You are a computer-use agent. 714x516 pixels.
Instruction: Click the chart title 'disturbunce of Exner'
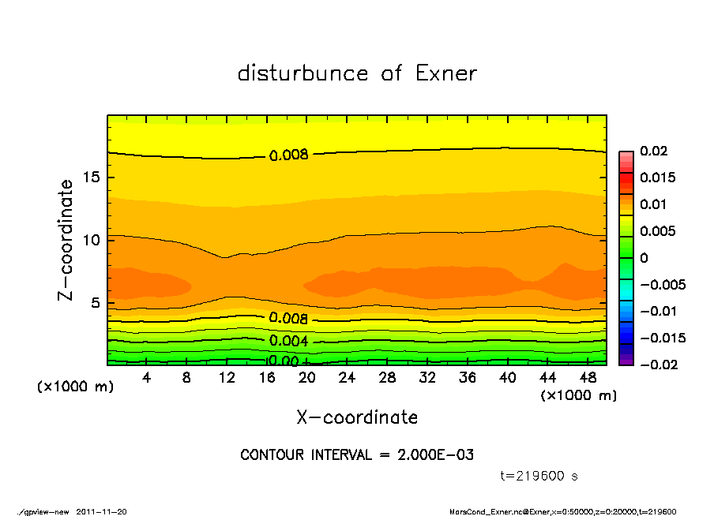pyautogui.click(x=357, y=73)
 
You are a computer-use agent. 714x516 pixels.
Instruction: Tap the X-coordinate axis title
pyautogui.click(x=357, y=417)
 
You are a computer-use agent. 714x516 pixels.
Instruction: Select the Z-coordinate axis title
pyautogui.click(x=66, y=240)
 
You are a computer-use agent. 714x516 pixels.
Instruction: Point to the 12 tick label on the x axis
pyautogui.click(x=227, y=378)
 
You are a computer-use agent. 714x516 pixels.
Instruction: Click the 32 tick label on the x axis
pyautogui.click(x=428, y=378)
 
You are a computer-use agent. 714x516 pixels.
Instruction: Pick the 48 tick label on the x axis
pyautogui.click(x=588, y=378)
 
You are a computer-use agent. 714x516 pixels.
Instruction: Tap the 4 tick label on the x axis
pyautogui.click(x=146, y=378)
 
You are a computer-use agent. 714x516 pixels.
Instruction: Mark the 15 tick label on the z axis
pyautogui.click(x=92, y=178)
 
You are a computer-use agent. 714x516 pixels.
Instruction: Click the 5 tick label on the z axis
pyautogui.click(x=96, y=303)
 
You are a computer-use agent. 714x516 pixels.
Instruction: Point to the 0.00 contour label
pyautogui.click(x=282, y=361)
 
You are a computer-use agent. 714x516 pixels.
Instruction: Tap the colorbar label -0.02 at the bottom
pyautogui.click(x=656, y=365)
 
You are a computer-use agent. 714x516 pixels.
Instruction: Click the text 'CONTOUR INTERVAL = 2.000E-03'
pyautogui.click(x=357, y=455)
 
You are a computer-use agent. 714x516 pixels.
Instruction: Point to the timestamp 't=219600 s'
pyautogui.click(x=539, y=477)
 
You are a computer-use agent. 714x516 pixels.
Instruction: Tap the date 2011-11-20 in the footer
pyautogui.click(x=101, y=511)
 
